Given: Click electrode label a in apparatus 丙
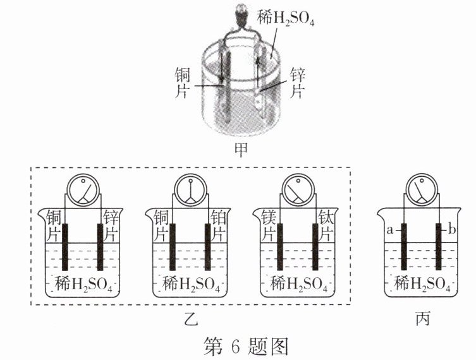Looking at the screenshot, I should tap(389, 231).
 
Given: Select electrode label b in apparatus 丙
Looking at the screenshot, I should tap(451, 231).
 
